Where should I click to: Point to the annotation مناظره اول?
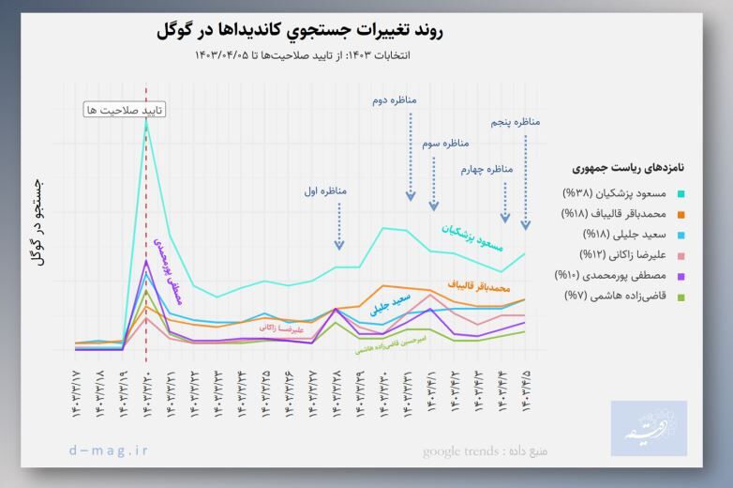click(325, 191)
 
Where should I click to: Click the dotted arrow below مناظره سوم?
click(433, 183)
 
